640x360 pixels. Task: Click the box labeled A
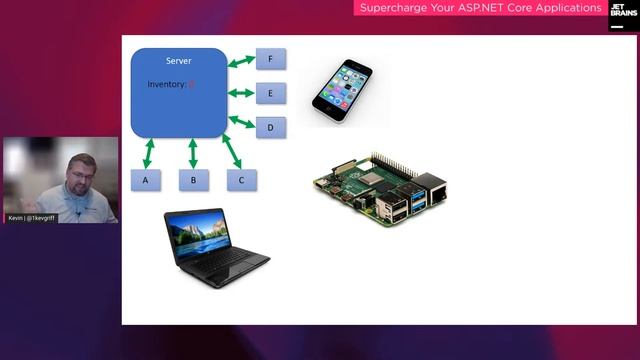[x=146, y=180]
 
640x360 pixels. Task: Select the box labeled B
[x=193, y=180]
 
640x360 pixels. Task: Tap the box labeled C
[x=241, y=180]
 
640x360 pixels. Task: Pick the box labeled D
[x=270, y=128]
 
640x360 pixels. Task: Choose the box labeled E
[x=270, y=94]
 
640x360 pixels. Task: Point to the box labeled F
[x=270, y=59]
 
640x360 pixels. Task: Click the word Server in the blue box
[x=178, y=62]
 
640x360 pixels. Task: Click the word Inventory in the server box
[x=166, y=85]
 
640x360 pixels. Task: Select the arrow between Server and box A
[x=148, y=153]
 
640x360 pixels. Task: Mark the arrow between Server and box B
[x=193, y=153]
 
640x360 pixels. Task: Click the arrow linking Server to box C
[x=234, y=151]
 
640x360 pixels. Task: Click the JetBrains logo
[x=621, y=17]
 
